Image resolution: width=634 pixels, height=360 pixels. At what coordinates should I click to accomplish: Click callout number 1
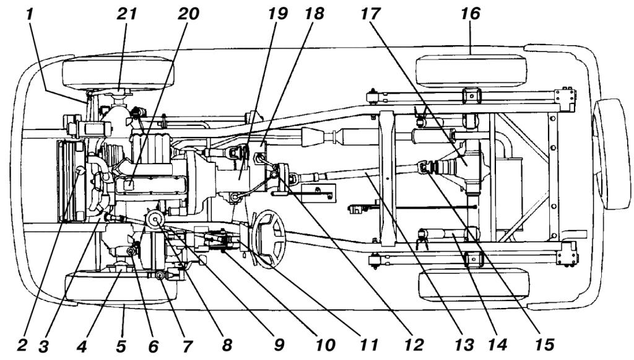(x=29, y=14)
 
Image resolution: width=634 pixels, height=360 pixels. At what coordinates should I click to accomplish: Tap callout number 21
(x=126, y=14)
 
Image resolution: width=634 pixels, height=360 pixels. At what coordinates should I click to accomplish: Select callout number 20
(x=188, y=14)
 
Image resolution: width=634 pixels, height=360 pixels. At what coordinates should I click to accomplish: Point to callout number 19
(x=278, y=14)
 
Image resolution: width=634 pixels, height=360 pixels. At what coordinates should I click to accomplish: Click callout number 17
(x=370, y=14)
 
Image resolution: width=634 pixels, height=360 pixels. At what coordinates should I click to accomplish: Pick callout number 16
(x=471, y=14)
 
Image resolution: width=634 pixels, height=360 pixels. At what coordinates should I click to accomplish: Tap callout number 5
(x=121, y=346)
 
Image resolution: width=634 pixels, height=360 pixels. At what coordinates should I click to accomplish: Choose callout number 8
(x=227, y=345)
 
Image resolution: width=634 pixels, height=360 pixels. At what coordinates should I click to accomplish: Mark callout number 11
(x=368, y=345)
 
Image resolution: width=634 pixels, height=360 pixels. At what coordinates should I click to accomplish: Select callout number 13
(x=464, y=345)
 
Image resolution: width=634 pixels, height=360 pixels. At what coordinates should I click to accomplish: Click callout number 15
(x=544, y=345)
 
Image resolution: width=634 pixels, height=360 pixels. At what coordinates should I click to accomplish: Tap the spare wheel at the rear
(x=611, y=154)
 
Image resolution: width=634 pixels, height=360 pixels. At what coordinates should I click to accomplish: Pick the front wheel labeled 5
(x=121, y=287)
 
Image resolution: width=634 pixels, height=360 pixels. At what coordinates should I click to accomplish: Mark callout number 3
(x=48, y=346)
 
